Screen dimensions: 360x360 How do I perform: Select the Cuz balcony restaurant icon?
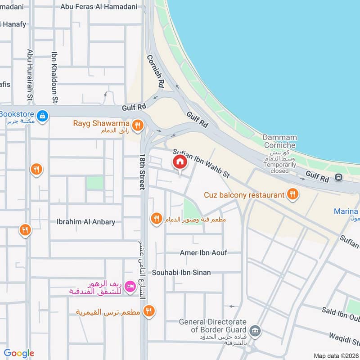click(x=293, y=194)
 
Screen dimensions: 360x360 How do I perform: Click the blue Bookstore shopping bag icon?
click(x=42, y=116)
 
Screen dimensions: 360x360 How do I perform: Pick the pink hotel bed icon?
click(x=130, y=286)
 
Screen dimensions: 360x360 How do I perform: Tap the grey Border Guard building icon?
click(x=255, y=332)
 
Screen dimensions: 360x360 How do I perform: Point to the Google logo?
click(x=18, y=353)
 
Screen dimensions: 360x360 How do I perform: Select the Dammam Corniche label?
click(x=279, y=141)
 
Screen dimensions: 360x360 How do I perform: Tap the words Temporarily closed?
click(x=279, y=168)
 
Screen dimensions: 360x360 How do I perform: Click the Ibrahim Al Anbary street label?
click(x=86, y=222)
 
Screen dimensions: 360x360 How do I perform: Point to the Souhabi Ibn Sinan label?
click(x=181, y=273)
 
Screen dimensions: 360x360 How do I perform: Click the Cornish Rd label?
click(x=155, y=71)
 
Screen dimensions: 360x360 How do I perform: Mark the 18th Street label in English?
click(x=142, y=171)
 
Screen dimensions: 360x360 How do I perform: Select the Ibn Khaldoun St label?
click(x=55, y=77)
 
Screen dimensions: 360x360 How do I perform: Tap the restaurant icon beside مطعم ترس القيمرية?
click(x=148, y=311)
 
